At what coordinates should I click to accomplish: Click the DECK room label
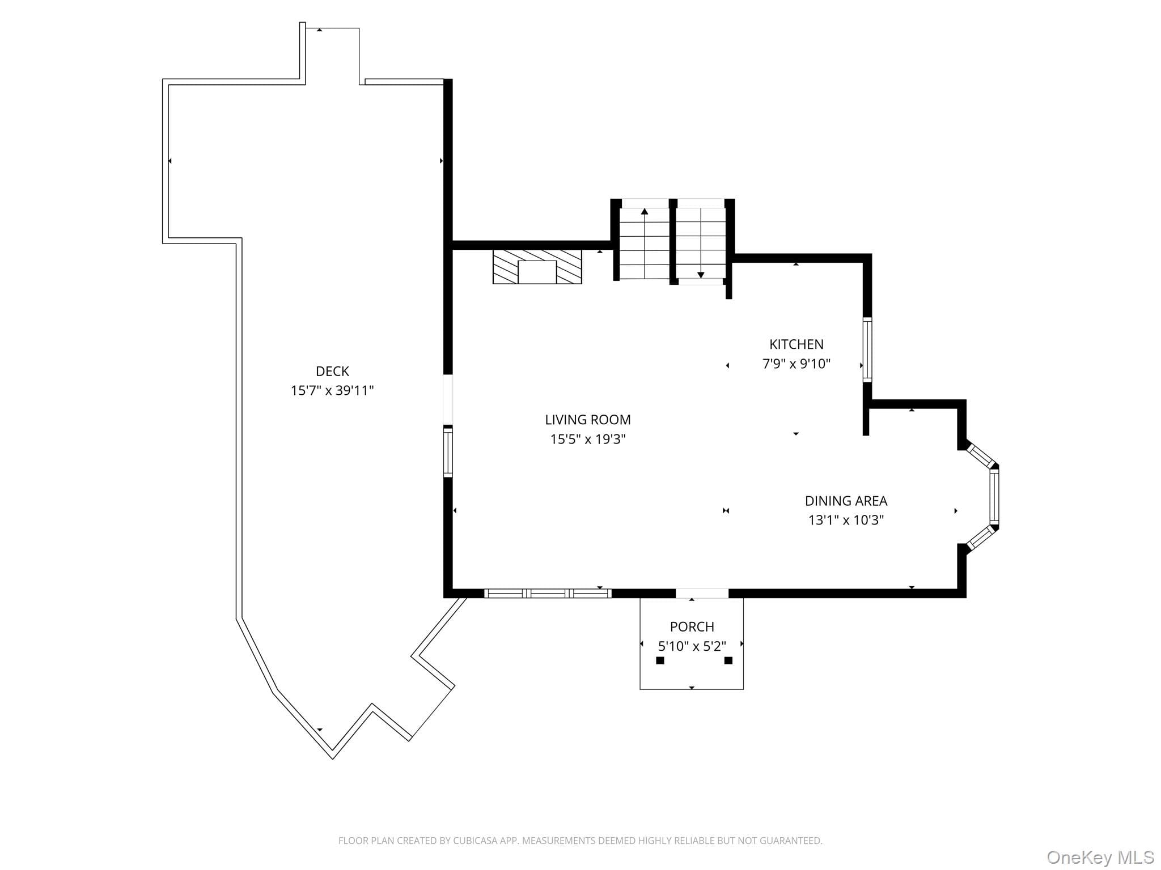tap(332, 371)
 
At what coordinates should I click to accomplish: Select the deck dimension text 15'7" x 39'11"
tap(332, 390)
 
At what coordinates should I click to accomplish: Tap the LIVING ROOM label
tap(588, 420)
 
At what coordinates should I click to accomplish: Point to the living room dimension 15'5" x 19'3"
tap(588, 439)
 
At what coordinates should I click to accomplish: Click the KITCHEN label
tap(796, 344)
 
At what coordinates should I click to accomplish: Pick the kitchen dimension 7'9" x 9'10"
tap(796, 363)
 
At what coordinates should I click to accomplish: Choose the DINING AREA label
tap(846, 501)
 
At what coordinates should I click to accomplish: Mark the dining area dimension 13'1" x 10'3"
tap(846, 520)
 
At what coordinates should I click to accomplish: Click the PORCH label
tap(692, 626)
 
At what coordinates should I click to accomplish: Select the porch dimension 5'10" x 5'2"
tap(692, 646)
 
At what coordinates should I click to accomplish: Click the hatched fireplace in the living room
tap(537, 266)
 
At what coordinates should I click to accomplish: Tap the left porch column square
tap(660, 660)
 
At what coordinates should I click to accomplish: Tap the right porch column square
tap(728, 660)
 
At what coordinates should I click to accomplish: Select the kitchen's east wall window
tap(867, 350)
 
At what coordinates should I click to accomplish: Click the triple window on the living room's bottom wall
tap(548, 593)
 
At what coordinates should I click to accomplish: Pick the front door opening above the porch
tap(702, 593)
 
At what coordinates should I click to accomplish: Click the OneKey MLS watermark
tap(1100, 857)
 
